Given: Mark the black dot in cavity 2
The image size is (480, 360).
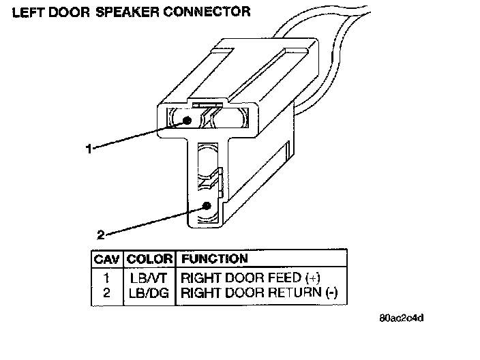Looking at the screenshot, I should [x=207, y=206].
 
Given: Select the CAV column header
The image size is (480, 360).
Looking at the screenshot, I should [x=106, y=259].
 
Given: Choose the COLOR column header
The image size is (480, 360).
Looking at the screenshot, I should [x=150, y=259].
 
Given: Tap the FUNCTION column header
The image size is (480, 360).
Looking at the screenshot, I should [x=213, y=259].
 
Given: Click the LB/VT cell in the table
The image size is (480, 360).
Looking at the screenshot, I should [x=149, y=278].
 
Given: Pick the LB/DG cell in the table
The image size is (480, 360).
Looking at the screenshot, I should [x=149, y=293].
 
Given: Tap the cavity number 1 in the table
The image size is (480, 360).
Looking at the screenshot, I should [x=106, y=278].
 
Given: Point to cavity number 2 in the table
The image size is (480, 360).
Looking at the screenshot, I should [x=106, y=293].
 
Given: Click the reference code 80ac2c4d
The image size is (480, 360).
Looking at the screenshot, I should [x=406, y=318].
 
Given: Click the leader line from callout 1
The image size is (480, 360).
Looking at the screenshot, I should [x=136, y=134].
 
